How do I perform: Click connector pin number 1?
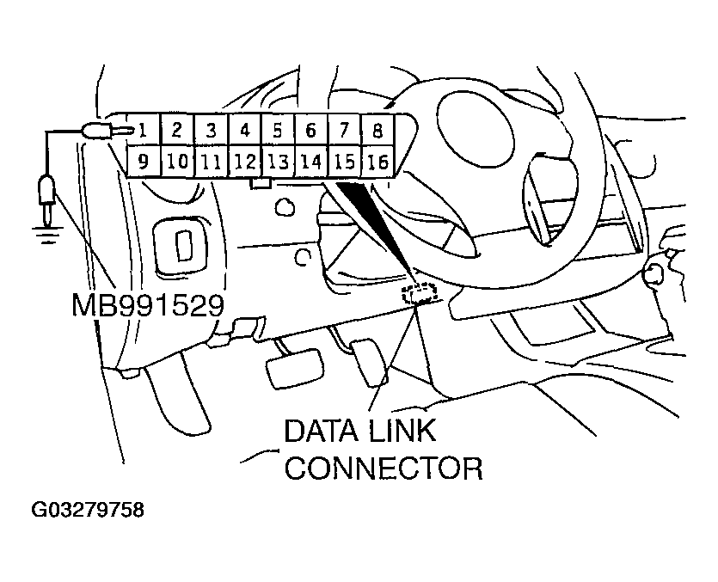click(143, 131)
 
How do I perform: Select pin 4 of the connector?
click(245, 131)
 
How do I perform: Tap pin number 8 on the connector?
click(377, 131)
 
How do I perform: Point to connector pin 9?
click(143, 160)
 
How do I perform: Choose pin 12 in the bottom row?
click(245, 160)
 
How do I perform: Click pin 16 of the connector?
click(377, 161)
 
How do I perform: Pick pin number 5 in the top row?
click(278, 131)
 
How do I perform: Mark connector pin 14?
click(310, 160)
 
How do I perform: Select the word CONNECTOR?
click(384, 469)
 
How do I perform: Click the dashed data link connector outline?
click(420, 294)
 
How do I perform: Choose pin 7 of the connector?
click(344, 131)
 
